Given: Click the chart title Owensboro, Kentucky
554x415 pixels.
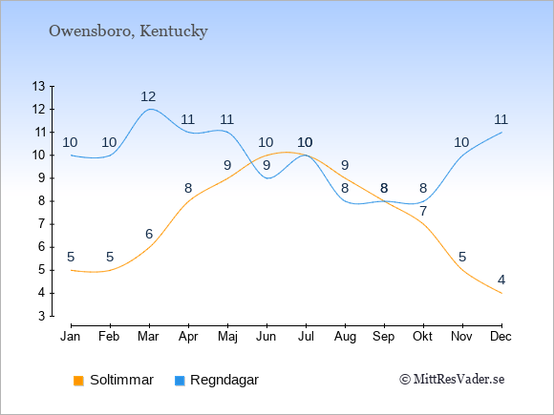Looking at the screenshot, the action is (x=128, y=31).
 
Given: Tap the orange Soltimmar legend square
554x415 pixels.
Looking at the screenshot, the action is (x=78, y=381).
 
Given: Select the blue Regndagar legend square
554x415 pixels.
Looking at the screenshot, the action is (x=180, y=381).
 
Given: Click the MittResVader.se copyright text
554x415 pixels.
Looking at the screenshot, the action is (x=452, y=380).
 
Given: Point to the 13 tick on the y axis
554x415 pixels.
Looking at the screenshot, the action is (x=39, y=86).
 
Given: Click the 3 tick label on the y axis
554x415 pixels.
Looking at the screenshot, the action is (x=42, y=316).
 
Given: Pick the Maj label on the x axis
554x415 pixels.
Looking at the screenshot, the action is (x=227, y=337).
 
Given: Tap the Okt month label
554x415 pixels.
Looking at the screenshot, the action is (x=422, y=337).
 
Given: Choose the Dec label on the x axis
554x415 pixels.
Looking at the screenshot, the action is (x=501, y=337).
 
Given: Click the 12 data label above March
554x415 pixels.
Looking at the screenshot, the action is (x=148, y=96).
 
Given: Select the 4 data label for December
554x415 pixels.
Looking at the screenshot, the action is (x=501, y=280).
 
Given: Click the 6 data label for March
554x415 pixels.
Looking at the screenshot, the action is (x=149, y=234).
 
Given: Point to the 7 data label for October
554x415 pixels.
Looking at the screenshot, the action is (x=423, y=212).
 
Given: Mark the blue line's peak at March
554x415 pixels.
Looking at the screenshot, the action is (x=150, y=109).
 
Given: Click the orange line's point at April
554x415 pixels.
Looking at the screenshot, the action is (x=189, y=201).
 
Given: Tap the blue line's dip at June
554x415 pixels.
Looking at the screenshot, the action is (x=267, y=178).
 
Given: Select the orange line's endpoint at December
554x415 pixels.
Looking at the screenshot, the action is (x=501, y=293).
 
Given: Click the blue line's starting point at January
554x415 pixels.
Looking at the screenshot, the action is (x=72, y=155).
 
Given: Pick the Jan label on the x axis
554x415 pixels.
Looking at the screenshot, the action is (x=71, y=337).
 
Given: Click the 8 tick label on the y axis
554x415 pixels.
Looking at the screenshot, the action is (x=42, y=201).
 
